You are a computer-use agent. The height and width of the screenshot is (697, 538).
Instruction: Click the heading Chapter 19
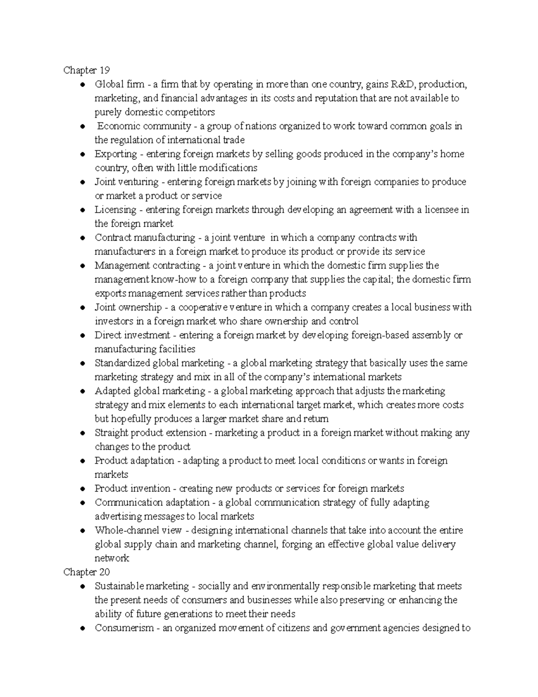click(86, 70)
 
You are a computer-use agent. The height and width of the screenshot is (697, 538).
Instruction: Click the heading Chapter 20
click(86, 572)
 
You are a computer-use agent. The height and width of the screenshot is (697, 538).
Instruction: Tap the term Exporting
click(116, 154)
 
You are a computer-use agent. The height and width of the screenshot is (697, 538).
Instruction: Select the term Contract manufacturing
click(145, 237)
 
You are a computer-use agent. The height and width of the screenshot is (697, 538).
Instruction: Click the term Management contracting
click(147, 265)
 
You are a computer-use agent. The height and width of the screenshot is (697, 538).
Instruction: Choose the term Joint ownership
click(128, 307)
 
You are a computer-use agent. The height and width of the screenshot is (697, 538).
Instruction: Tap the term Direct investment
click(132, 335)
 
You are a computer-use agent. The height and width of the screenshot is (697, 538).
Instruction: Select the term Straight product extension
click(151, 433)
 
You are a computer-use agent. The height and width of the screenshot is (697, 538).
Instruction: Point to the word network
click(112, 558)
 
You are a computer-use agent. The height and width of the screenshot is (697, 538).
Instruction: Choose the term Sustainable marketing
click(142, 586)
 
